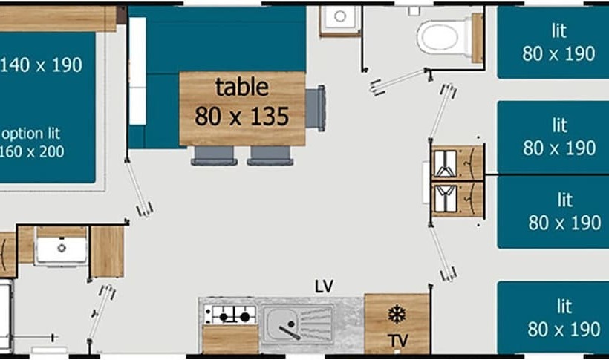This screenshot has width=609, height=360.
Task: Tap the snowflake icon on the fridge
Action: [397, 314]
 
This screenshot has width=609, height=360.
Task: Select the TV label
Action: [398, 341]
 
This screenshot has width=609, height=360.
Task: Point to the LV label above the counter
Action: [324, 287]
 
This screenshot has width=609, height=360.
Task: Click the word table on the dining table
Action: [242, 87]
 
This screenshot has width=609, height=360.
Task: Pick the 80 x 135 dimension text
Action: [241, 116]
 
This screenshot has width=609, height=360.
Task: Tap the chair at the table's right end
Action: [316, 108]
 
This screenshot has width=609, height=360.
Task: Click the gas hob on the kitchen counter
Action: [230, 315]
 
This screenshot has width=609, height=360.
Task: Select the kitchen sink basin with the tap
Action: [281, 324]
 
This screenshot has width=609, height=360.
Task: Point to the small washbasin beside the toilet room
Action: [340, 20]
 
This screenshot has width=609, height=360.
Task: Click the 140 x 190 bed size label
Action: [41, 65]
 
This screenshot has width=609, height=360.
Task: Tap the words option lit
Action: [31, 134]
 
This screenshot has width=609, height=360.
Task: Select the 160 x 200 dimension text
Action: [32, 151]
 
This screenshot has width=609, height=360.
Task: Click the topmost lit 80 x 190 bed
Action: [553, 42]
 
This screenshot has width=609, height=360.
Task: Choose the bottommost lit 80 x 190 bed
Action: [553, 318]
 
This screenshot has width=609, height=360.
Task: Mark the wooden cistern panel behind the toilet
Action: [478, 38]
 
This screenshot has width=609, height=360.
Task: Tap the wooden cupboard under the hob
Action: [230, 339]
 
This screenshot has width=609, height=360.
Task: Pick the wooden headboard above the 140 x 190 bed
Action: [58, 19]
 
